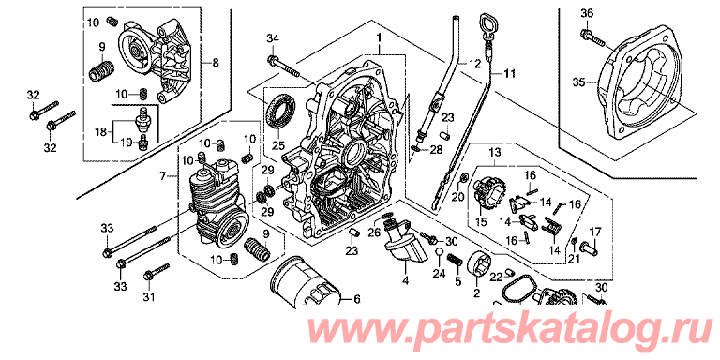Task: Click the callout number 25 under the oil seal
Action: click(277, 146)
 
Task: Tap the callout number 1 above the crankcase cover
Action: click(380, 36)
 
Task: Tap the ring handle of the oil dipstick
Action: click(487, 23)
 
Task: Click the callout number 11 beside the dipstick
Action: click(510, 73)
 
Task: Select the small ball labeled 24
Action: click(438, 251)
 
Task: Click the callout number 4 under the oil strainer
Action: click(405, 279)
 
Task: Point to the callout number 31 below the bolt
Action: click(147, 297)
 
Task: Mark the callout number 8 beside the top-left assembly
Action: click(216, 65)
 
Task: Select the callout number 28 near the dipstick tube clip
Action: click(436, 150)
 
